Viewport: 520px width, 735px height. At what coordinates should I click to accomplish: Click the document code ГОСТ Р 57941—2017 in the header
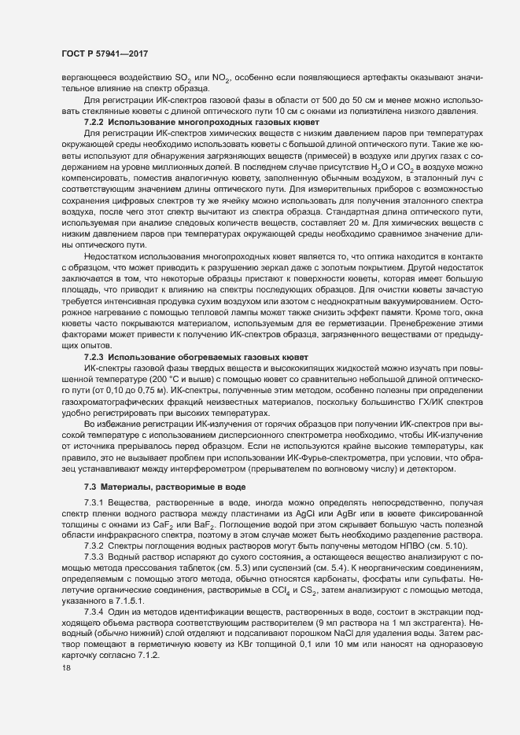pos(105,54)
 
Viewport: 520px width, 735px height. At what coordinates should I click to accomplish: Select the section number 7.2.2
pos(94,123)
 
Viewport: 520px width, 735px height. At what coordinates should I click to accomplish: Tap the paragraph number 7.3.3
pos(94,557)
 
